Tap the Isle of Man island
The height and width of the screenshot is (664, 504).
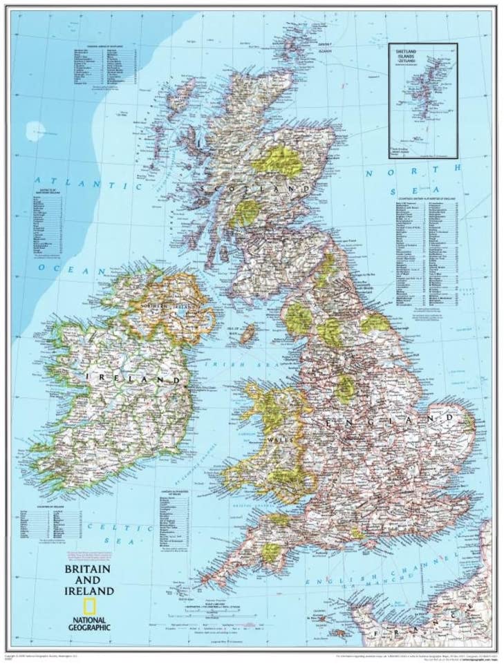pos(247,334)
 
